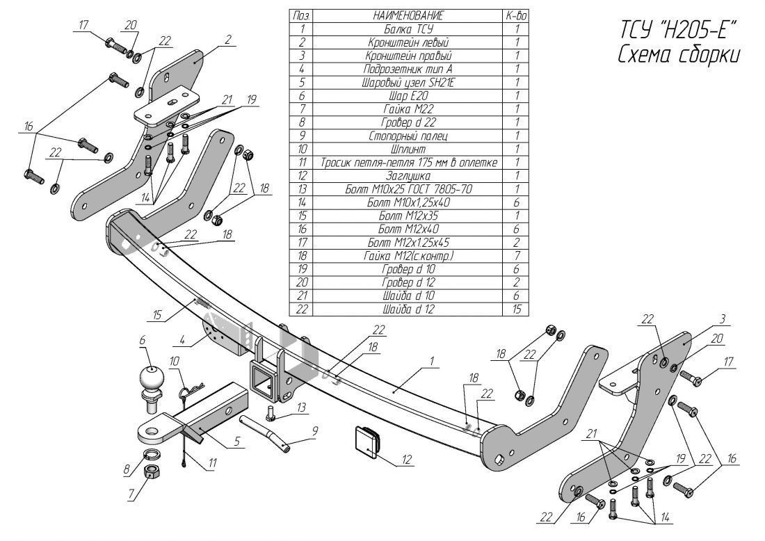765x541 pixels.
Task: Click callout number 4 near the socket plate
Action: [x=182, y=341]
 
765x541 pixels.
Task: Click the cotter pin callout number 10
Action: [x=174, y=361]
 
